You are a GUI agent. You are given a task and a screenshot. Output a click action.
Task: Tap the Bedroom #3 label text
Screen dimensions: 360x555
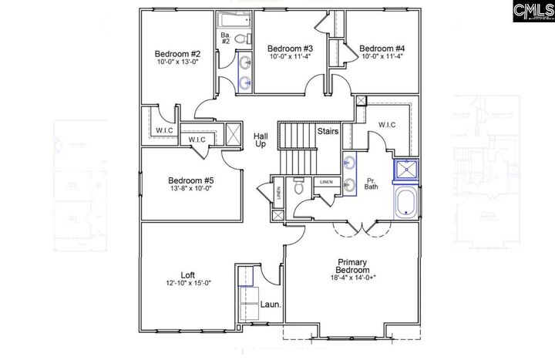click(x=291, y=46)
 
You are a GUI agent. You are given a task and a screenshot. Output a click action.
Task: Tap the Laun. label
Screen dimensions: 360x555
click(x=269, y=304)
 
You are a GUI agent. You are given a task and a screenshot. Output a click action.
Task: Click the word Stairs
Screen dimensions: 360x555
click(x=328, y=132)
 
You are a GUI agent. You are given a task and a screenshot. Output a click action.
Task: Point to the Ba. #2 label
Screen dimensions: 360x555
click(x=226, y=39)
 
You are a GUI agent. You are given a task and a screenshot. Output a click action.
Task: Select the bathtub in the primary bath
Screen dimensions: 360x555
click(x=405, y=205)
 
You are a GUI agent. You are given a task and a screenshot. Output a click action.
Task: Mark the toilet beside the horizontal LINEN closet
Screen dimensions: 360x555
click(x=299, y=187)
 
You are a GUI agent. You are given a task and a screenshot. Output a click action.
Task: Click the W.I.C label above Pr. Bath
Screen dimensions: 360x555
click(x=387, y=125)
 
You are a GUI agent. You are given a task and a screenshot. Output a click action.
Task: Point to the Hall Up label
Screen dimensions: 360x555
click(x=261, y=140)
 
